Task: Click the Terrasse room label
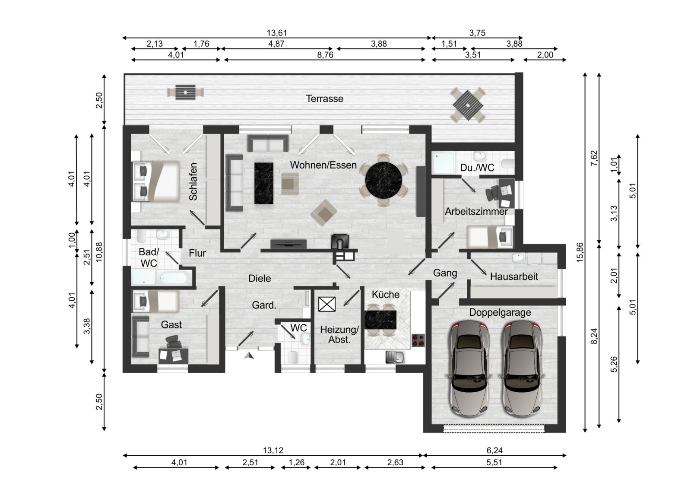325,98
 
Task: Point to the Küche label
386,295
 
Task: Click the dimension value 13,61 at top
277,33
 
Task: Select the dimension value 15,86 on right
580,252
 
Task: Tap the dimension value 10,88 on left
99,252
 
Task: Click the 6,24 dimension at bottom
494,450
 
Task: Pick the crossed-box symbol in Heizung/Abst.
326,304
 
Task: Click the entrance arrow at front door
249,356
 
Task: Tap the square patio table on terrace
467,105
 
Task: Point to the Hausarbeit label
514,276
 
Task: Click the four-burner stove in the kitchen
418,340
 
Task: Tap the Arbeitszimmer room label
476,212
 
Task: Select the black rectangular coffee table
264,183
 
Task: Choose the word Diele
260,279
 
